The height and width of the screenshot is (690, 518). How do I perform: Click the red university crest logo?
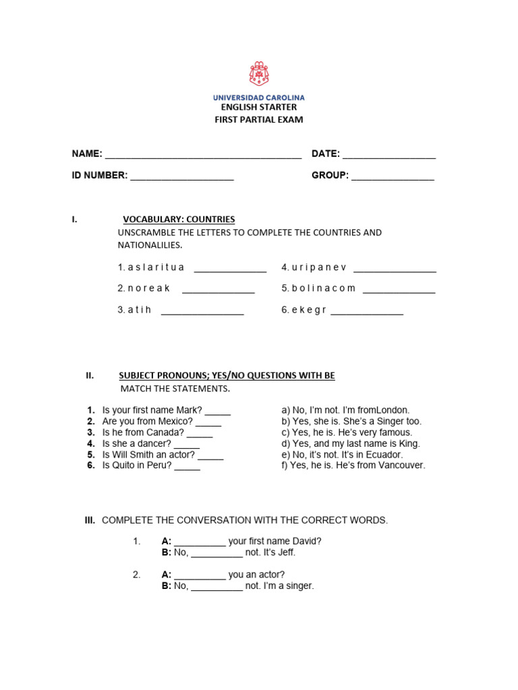[259, 74]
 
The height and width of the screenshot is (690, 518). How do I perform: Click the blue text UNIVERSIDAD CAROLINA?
[259, 98]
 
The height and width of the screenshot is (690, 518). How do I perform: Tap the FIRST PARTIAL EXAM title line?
[259, 120]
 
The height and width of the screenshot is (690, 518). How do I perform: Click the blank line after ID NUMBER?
[181, 177]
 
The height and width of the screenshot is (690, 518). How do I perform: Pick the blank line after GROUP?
[393, 177]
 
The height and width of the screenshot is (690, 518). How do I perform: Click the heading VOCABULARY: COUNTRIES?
[179, 219]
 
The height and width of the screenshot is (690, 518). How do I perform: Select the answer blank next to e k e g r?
[367, 311]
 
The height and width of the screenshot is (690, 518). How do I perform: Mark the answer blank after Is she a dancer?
[187, 445]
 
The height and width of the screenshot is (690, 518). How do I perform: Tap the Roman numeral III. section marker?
[90, 520]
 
